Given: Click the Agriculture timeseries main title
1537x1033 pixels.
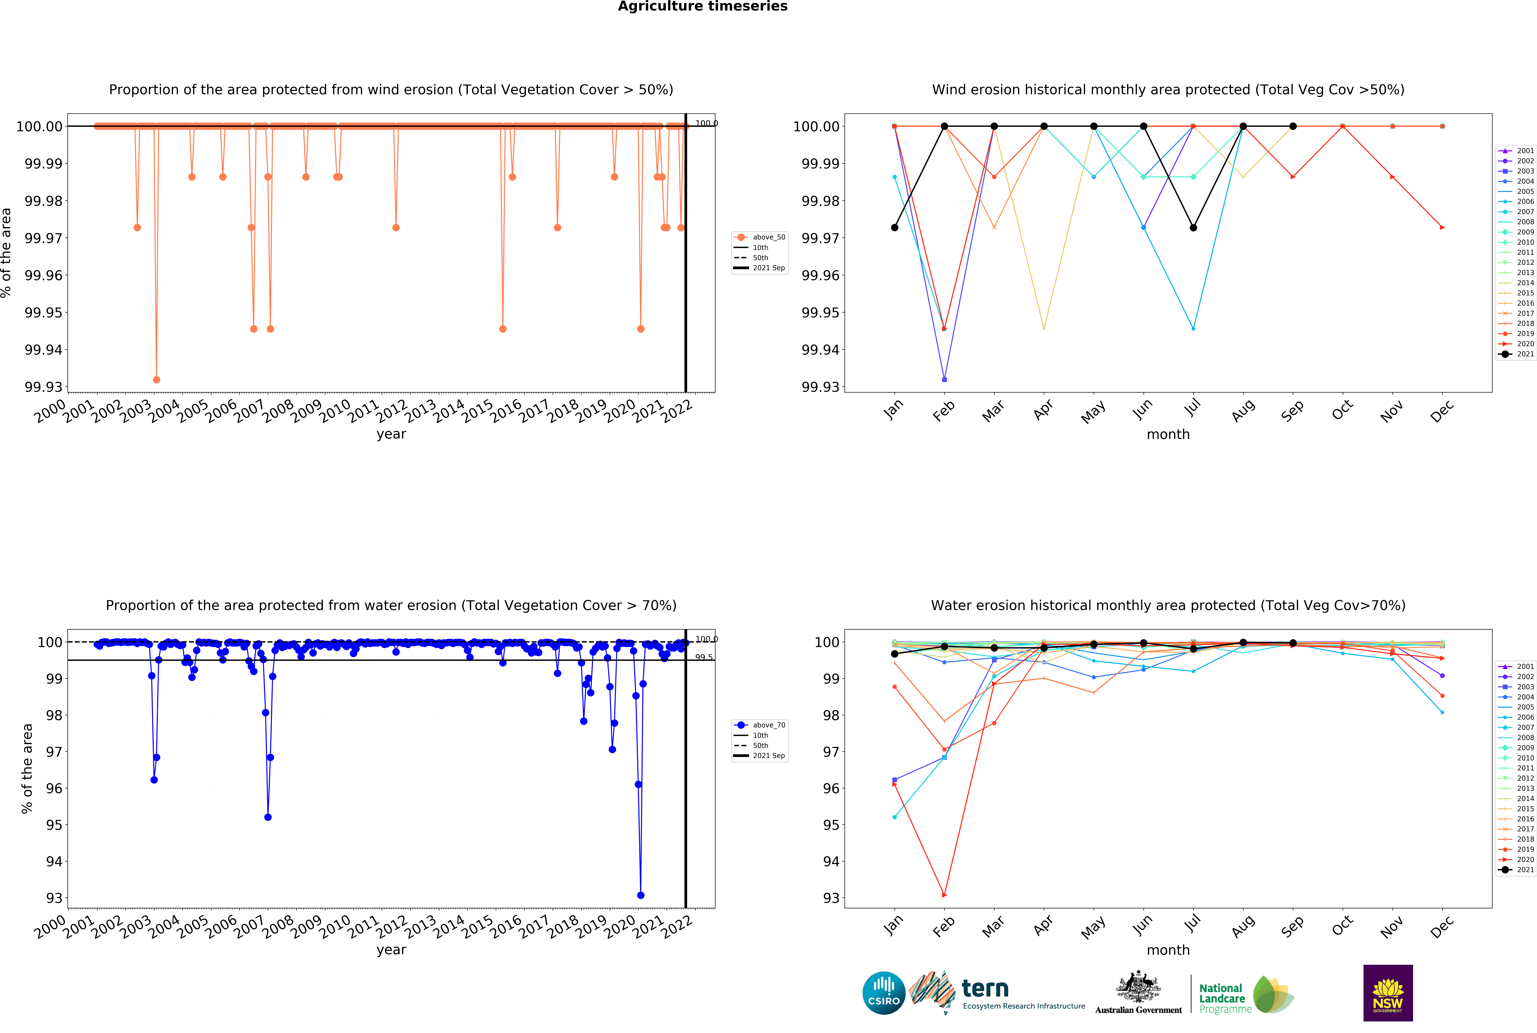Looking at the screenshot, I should click(x=702, y=7).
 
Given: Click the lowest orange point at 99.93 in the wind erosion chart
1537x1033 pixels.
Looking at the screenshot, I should click(x=156, y=379).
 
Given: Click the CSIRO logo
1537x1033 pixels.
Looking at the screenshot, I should click(x=883, y=993).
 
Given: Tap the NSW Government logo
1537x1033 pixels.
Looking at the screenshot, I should click(x=1387, y=993).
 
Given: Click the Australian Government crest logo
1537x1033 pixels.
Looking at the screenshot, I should click(x=1138, y=991).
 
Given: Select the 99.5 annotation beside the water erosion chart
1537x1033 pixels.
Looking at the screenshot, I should click(x=704, y=657).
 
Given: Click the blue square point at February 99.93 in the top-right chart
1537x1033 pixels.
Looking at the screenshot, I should click(x=944, y=379).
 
